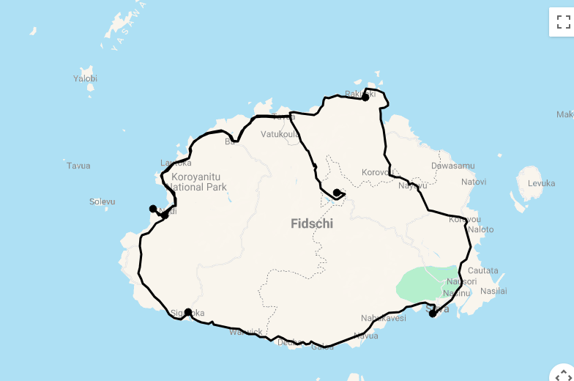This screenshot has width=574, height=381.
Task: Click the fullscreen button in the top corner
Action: click(563, 22)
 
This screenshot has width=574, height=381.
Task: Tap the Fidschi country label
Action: click(311, 223)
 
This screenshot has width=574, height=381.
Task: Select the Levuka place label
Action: click(541, 183)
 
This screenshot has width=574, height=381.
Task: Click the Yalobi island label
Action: click(85, 78)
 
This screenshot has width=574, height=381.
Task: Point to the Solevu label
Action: click(102, 201)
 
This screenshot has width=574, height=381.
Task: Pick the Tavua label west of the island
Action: click(78, 166)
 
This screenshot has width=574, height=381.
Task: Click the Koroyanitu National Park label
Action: click(199, 182)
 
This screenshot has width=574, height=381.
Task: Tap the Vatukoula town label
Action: click(280, 134)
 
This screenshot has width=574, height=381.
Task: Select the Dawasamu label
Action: click(452, 166)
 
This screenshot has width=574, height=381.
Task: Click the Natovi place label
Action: click(474, 182)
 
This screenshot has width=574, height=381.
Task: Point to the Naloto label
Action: click(480, 229)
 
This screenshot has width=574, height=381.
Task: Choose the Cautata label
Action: click(482, 270)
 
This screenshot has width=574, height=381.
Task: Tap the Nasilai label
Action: click(493, 291)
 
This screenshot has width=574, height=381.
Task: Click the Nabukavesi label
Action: click(383, 318)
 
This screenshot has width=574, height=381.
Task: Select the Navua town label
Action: click(365, 336)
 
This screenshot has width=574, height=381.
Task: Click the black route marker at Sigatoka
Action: click(188, 312)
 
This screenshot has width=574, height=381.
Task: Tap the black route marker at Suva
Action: click(433, 314)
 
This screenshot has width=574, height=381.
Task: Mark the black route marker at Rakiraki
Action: click(365, 97)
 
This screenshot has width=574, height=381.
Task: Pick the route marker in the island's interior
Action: click(336, 193)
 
